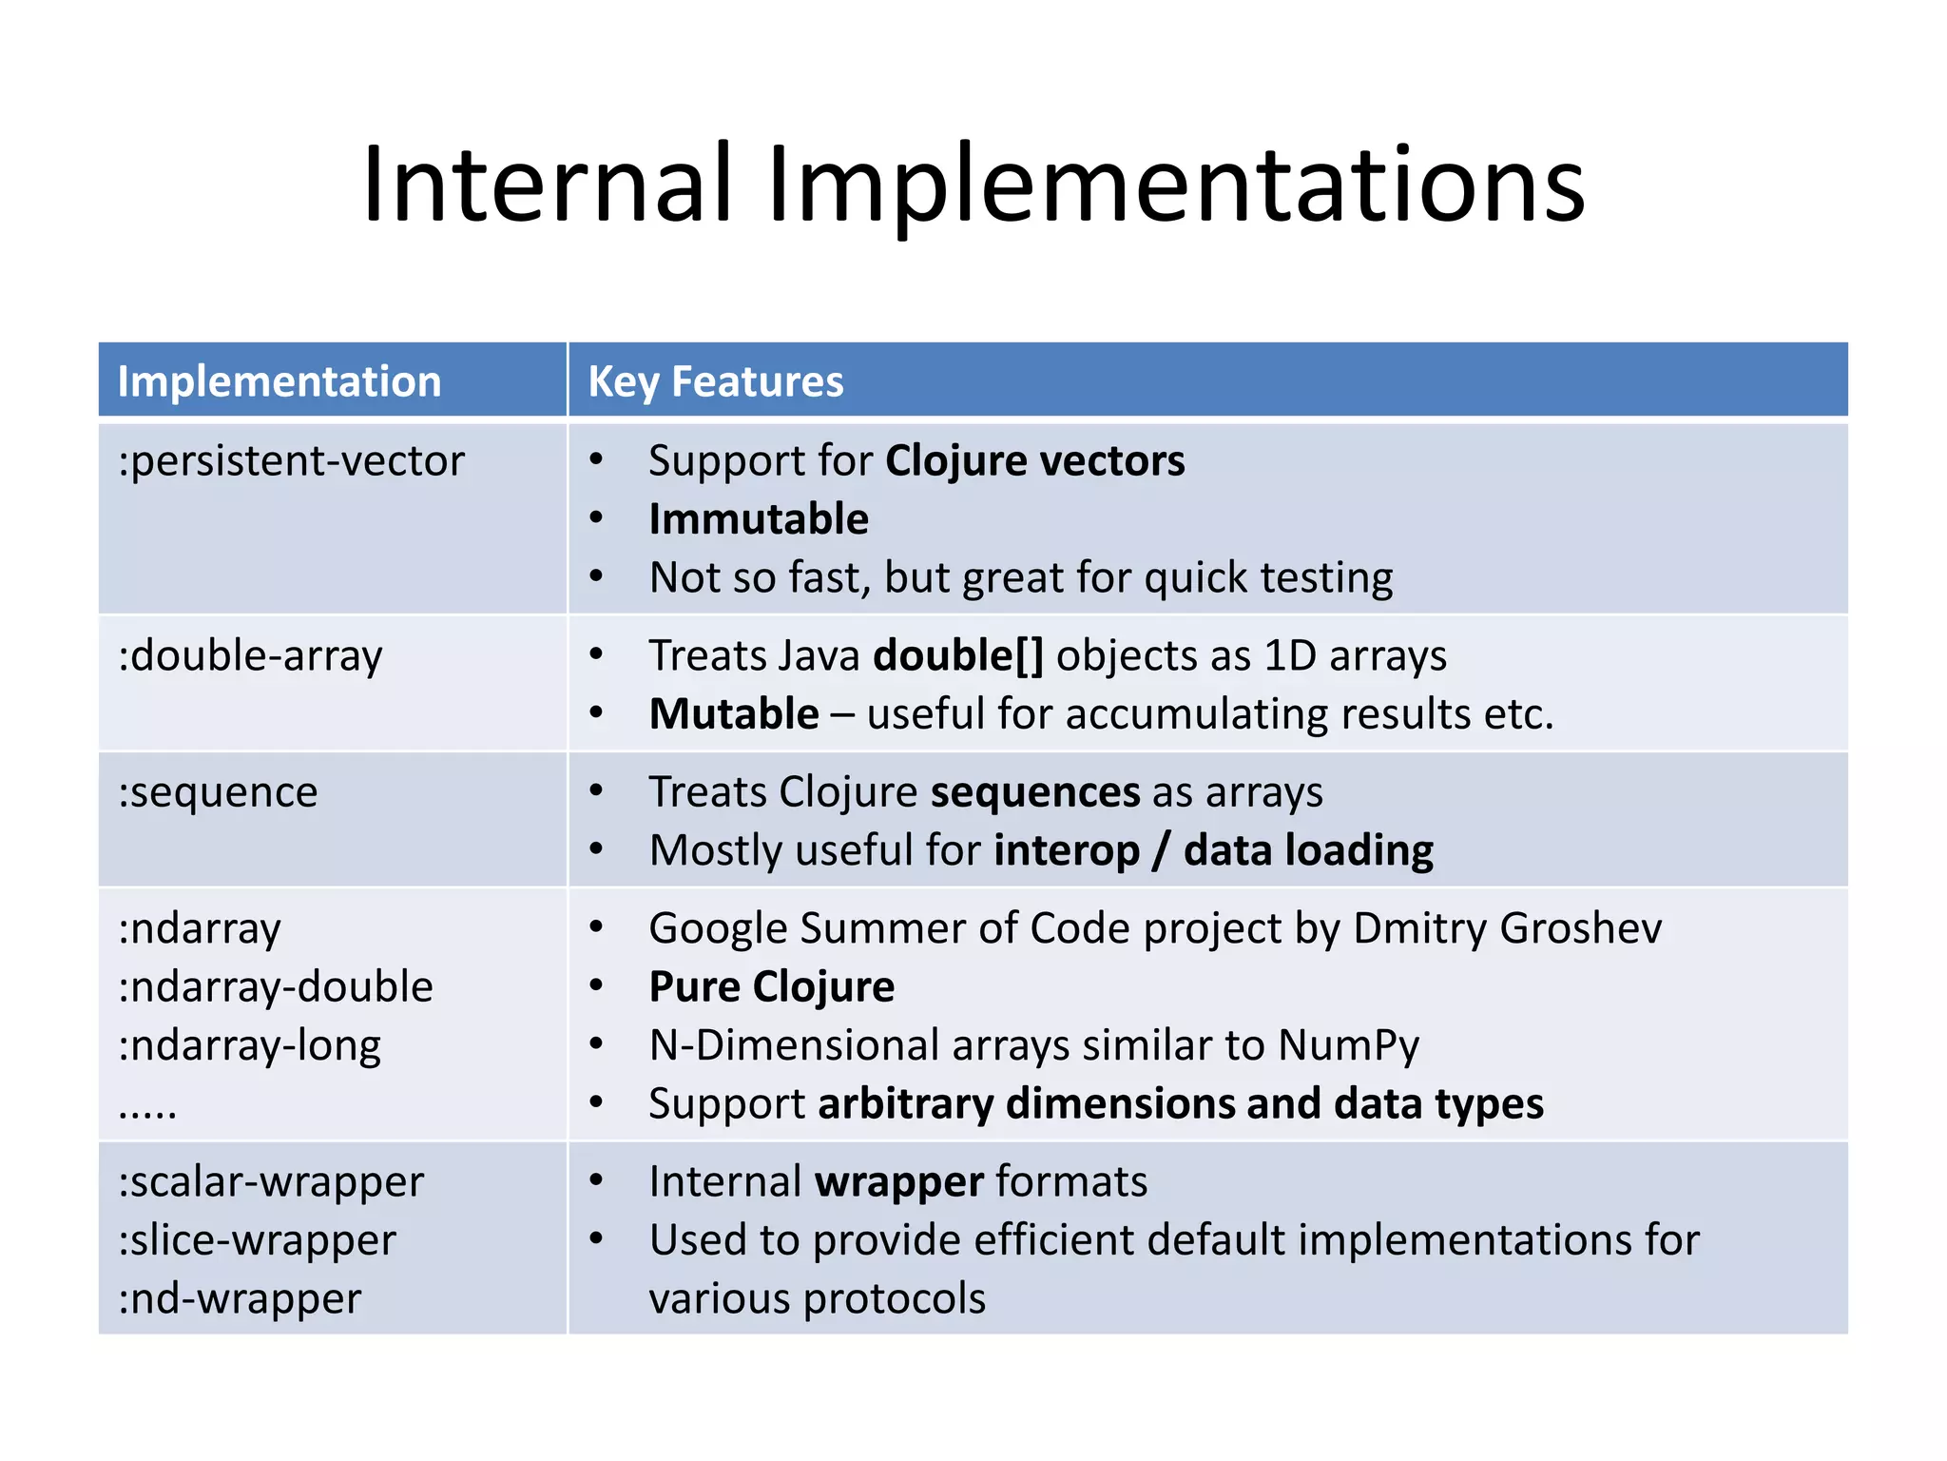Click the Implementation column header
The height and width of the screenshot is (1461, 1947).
[279, 381]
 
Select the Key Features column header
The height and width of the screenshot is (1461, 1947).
[715, 381]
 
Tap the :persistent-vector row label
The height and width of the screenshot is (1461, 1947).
[291, 461]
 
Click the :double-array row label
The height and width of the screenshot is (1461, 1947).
[250, 656]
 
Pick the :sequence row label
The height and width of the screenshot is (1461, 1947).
[218, 792]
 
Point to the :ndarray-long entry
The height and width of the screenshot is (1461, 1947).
[249, 1046]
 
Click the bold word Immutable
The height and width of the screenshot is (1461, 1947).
[758, 519]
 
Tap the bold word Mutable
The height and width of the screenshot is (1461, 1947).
[733, 714]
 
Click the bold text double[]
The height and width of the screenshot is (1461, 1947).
[957, 655]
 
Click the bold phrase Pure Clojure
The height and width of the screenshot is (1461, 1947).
[771, 987]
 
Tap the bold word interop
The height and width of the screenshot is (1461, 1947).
[1066, 850]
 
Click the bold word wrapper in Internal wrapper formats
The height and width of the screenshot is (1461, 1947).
[898, 1182]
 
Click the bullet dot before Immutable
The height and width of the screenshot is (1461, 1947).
[596, 518]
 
